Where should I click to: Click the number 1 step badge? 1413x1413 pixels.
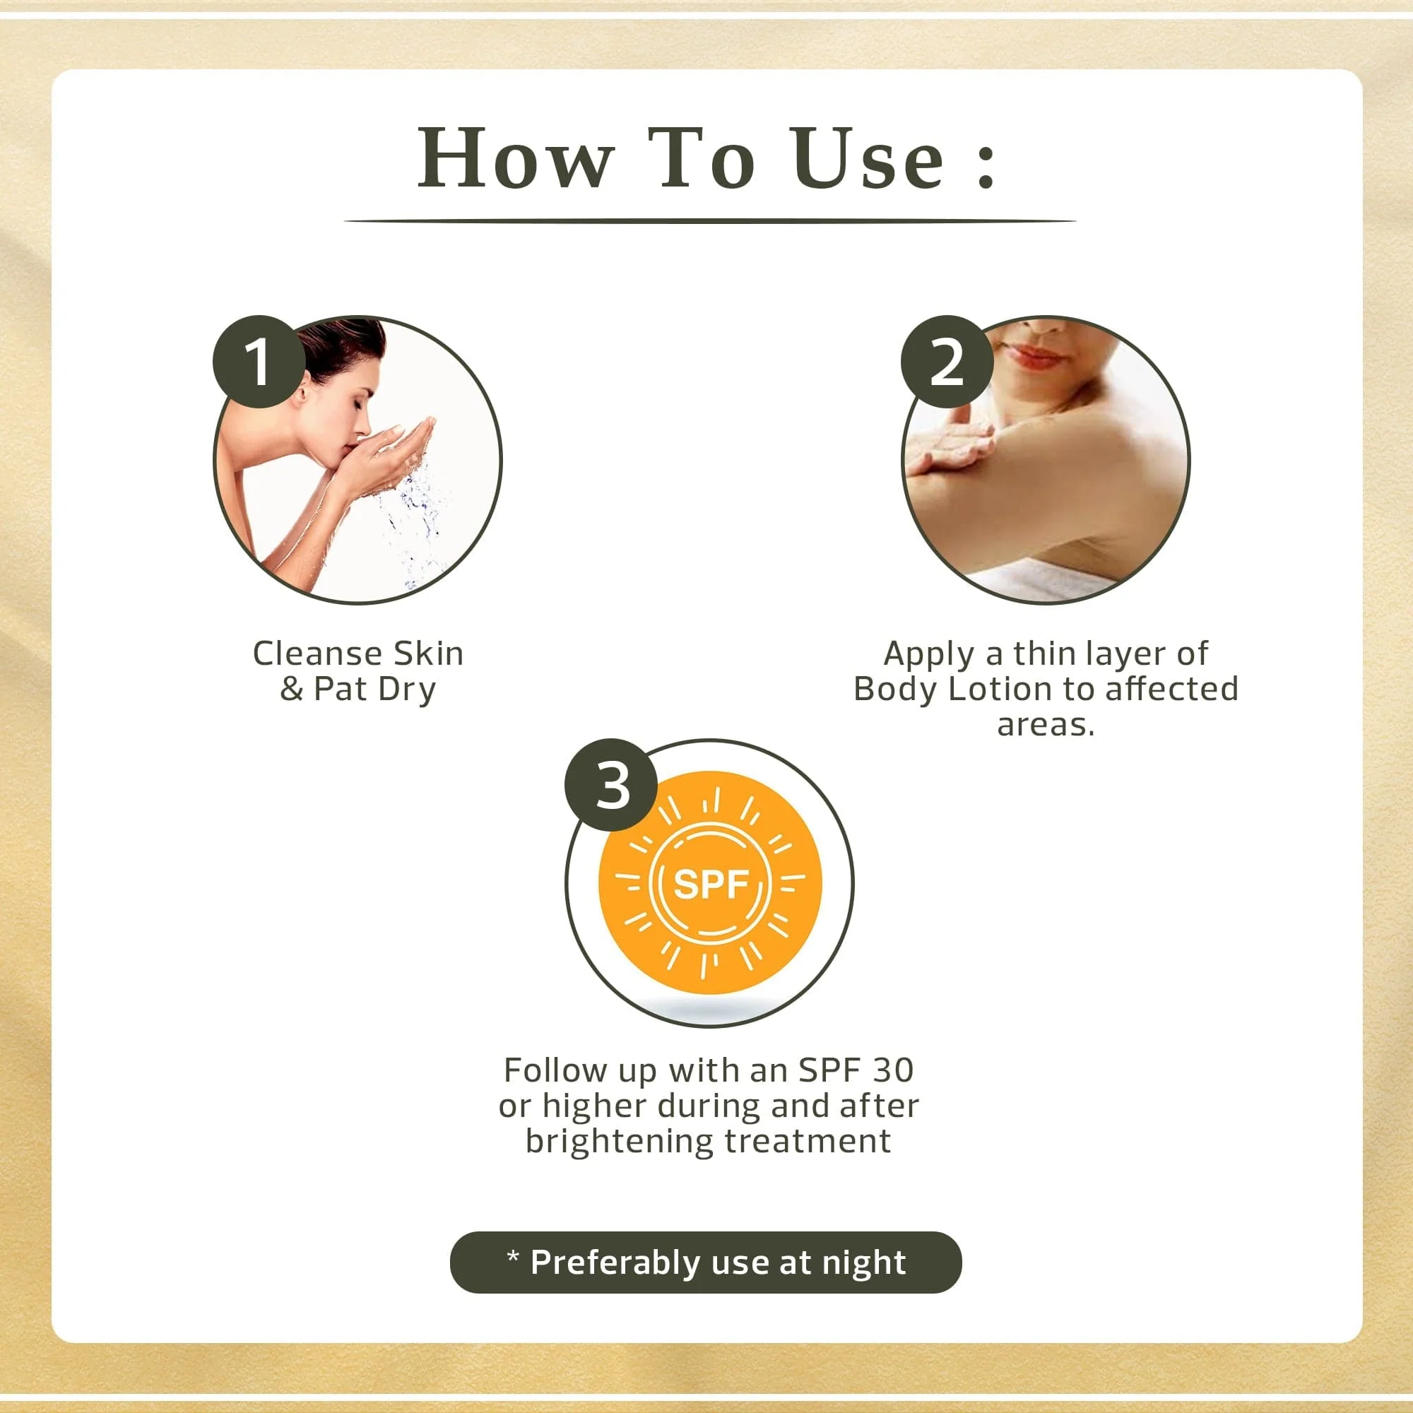[x=259, y=361]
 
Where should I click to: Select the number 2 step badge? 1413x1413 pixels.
[x=947, y=361]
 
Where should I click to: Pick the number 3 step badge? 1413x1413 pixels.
[x=611, y=786]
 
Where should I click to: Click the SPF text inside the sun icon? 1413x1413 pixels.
[x=710, y=885]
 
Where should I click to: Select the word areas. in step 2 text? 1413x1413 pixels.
[x=1046, y=725]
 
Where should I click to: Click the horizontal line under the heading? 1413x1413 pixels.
[x=709, y=220]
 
